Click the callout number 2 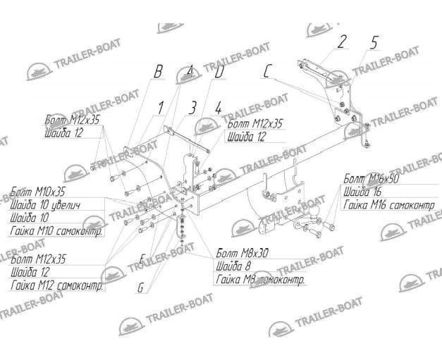[342, 42]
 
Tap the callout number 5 [374, 43]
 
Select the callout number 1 [160, 107]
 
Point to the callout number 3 [192, 108]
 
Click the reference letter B [158, 72]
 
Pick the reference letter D [219, 72]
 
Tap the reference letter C [268, 71]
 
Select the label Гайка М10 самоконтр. [56, 230]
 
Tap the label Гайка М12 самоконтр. [57, 287]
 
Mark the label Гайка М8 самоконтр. [260, 280]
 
